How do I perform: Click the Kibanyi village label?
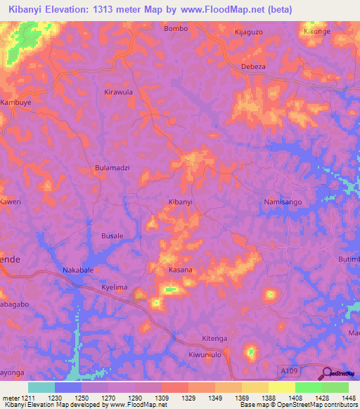181,202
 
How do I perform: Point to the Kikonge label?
316,32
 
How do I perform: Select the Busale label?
112,236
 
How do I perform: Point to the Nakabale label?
79,270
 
